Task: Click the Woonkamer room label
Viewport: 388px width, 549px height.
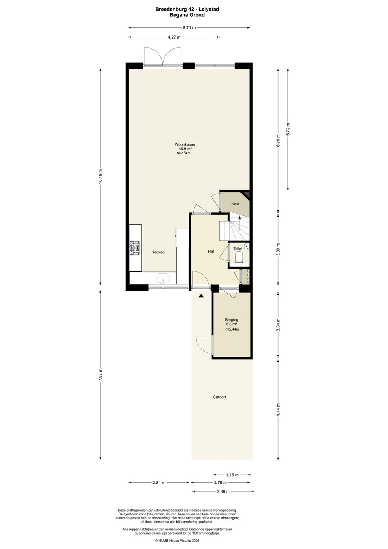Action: click(x=185, y=144)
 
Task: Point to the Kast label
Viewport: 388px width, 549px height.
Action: click(x=235, y=204)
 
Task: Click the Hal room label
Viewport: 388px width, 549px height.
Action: click(x=211, y=251)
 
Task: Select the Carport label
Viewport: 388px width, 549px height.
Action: click(x=219, y=397)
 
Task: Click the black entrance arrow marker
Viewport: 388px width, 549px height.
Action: click(x=201, y=296)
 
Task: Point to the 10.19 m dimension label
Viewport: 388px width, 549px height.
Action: click(x=100, y=177)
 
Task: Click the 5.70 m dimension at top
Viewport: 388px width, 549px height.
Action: click(x=189, y=28)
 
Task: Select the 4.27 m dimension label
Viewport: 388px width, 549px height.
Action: click(x=174, y=37)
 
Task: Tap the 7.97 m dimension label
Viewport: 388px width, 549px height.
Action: click(x=100, y=374)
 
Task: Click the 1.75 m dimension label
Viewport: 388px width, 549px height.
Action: click(x=232, y=475)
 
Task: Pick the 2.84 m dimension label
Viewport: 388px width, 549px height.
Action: click(x=159, y=483)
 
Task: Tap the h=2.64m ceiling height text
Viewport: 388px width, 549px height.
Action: click(x=183, y=153)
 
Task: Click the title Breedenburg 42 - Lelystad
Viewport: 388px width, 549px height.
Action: click(x=187, y=9)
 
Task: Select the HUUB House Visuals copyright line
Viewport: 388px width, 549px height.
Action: click(x=177, y=540)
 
